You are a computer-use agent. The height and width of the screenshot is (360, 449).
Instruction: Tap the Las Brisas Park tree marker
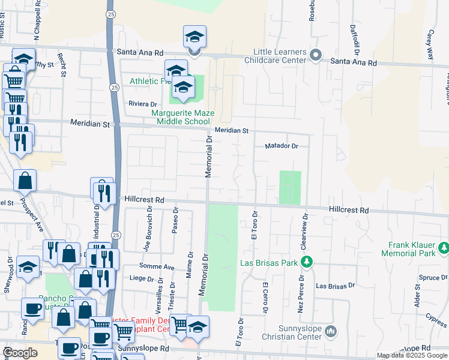click(x=307, y=262)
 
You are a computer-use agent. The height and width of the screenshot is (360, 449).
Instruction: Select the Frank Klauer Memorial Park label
click(x=411, y=249)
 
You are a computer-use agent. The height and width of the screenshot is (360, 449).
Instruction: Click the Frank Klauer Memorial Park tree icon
click(x=444, y=247)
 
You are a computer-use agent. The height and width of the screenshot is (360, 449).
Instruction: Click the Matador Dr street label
click(x=282, y=146)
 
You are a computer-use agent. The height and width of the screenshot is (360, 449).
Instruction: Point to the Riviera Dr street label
click(x=143, y=104)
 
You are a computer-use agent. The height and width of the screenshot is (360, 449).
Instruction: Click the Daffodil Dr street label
click(x=355, y=37)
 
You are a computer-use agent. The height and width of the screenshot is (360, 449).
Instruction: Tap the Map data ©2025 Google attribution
click(x=411, y=355)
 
